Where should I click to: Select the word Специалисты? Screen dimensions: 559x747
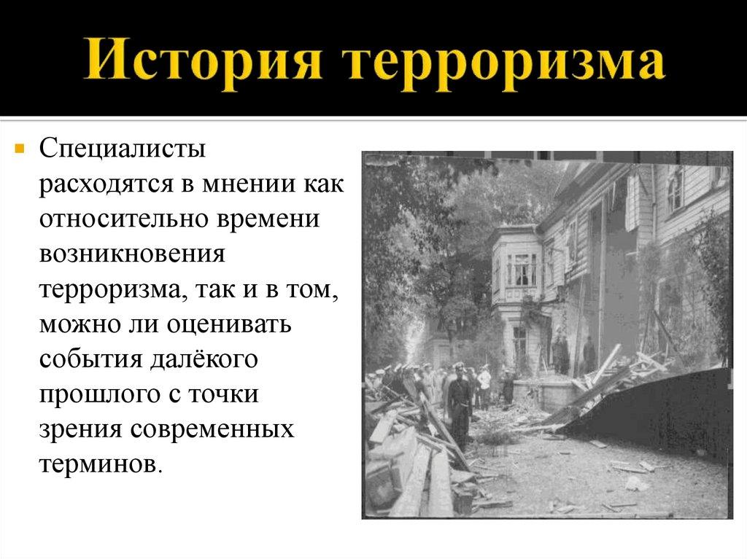pyautogui.click(x=123, y=149)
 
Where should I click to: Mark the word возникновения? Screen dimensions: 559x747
pyautogui.click(x=131, y=253)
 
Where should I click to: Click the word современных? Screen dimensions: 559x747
pyautogui.click(x=212, y=426)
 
